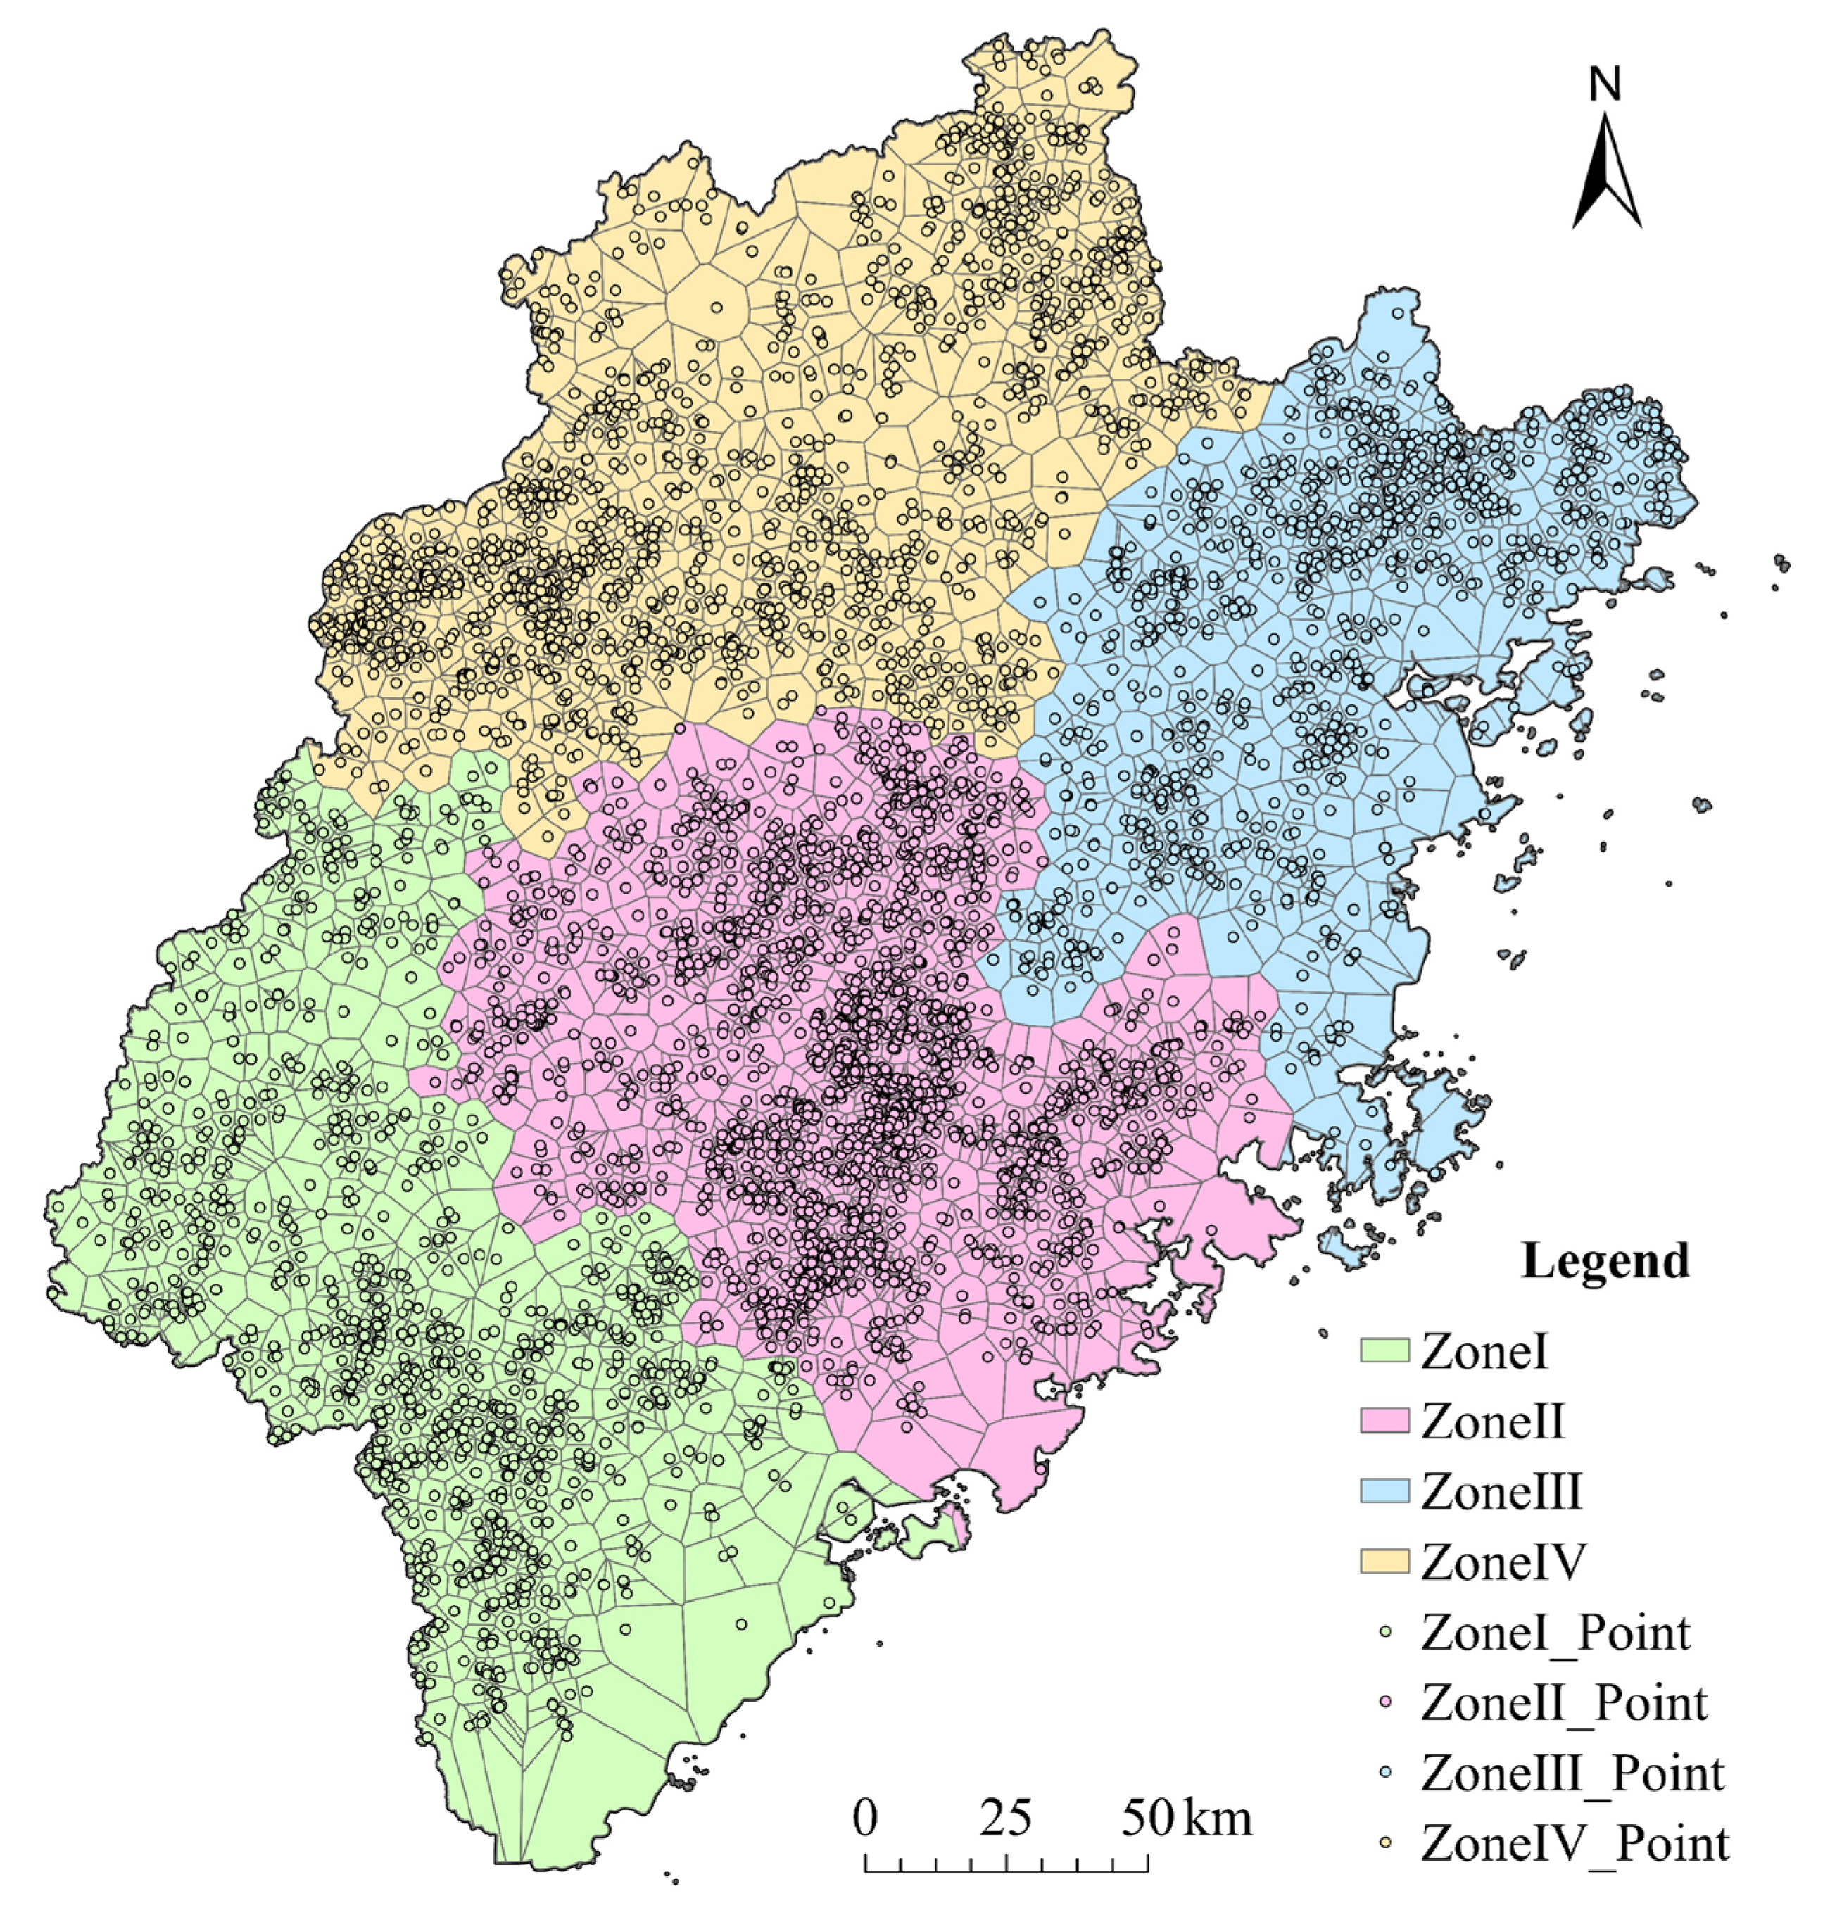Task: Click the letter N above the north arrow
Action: click(1605, 85)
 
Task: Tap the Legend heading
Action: click(1605, 1261)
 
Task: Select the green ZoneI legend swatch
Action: click(1385, 1350)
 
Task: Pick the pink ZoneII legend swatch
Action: click(1385, 1420)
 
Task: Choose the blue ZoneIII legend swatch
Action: click(1385, 1491)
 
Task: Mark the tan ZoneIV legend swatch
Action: click(1385, 1561)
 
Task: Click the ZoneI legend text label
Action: click(1484, 1352)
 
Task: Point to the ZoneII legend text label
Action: click(1492, 1422)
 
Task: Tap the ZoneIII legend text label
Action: click(1501, 1493)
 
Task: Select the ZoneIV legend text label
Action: click(1504, 1563)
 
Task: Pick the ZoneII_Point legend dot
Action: click(1386, 1702)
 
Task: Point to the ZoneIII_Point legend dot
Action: click(1386, 1773)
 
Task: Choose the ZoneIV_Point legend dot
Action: click(1386, 1843)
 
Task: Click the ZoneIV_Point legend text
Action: click(1575, 1845)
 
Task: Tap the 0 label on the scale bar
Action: click(865, 1818)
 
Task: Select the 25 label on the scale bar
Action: click(1006, 1818)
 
